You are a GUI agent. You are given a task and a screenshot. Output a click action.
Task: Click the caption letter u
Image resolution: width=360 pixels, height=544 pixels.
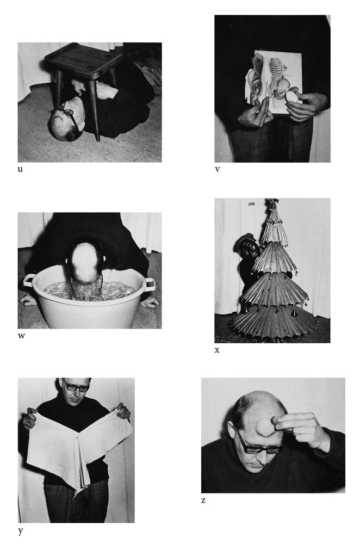point(20,169)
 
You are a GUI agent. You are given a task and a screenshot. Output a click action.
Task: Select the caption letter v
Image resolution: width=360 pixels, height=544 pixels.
point(217,169)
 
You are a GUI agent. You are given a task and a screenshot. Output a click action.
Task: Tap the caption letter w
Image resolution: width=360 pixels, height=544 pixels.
point(22,336)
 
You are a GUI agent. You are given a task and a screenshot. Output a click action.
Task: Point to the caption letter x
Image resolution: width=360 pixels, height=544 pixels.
point(217,350)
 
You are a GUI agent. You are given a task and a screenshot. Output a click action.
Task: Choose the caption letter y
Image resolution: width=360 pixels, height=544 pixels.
point(21,531)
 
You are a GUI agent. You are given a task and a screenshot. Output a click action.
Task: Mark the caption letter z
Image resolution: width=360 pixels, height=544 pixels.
point(203,500)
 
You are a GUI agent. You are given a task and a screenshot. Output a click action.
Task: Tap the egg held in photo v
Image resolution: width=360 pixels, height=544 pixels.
point(292,97)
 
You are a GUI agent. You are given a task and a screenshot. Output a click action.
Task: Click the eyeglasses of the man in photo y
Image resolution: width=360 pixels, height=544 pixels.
point(75,386)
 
